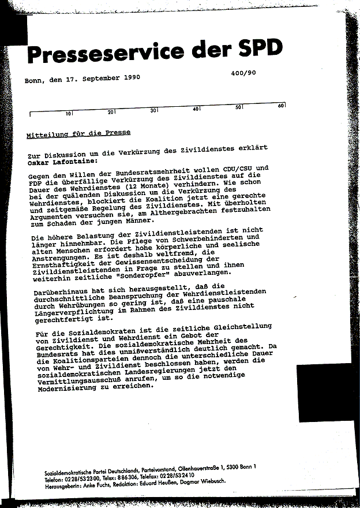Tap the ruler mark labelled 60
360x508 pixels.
click(x=282, y=106)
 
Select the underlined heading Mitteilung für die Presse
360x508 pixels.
click(x=78, y=133)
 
